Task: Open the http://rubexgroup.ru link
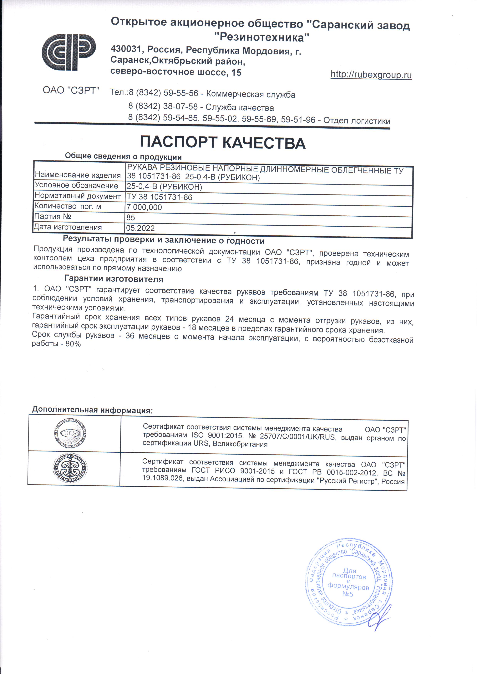pyautogui.click(x=371, y=75)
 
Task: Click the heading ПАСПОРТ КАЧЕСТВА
pyautogui.click(x=223, y=143)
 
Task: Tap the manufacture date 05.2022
pyautogui.click(x=140, y=228)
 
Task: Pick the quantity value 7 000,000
pyautogui.click(x=144, y=207)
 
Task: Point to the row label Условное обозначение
pyautogui.click(x=76, y=185)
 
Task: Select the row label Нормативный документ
pyautogui.click(x=78, y=196)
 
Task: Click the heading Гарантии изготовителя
pyautogui.click(x=114, y=279)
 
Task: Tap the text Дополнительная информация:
pyautogui.click(x=93, y=410)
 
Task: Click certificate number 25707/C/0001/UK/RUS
pyautogui.click(x=297, y=437)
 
